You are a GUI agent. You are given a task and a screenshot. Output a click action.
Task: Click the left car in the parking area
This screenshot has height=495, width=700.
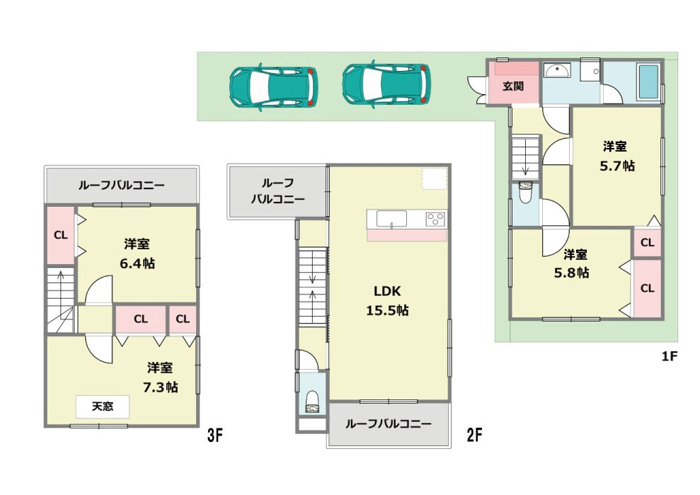(x=273, y=87)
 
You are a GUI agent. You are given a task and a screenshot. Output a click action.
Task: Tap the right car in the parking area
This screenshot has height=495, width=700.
(x=386, y=85)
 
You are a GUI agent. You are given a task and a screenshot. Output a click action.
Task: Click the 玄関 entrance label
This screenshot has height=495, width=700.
(x=513, y=86)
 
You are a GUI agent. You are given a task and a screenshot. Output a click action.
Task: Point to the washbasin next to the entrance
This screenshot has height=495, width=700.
(x=560, y=72)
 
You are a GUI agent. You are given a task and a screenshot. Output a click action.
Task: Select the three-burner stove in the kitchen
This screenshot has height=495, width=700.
(x=435, y=219)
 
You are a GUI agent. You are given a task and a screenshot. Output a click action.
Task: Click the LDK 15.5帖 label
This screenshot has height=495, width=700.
(x=388, y=300)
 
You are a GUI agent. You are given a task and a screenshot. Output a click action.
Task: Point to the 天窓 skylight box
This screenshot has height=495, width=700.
(x=103, y=406)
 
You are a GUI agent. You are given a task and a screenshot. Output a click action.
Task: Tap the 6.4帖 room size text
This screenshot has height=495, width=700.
(x=137, y=263)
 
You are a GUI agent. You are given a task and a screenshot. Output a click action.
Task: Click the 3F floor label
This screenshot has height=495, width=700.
(x=216, y=436)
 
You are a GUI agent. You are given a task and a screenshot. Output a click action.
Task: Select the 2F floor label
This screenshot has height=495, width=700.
(x=474, y=436)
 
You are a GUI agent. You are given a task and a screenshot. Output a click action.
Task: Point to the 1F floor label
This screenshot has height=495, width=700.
(x=670, y=357)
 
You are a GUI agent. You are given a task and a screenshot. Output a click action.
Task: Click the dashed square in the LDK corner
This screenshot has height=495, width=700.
(x=435, y=178)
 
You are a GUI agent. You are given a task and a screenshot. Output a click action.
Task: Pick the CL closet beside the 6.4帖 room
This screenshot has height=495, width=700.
(x=61, y=235)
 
